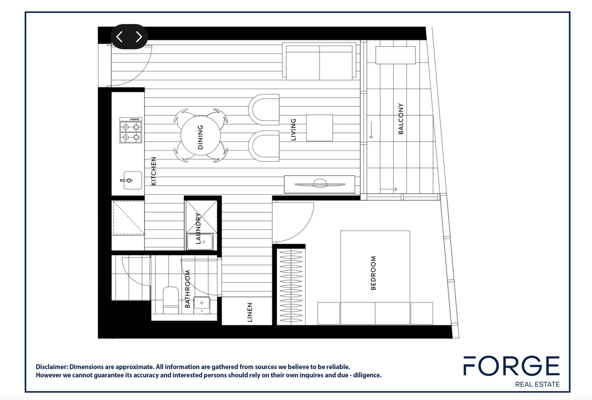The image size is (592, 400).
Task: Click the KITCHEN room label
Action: tap(154, 171)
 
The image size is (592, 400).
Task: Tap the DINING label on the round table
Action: tap(200, 137)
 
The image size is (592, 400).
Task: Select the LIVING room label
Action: tap(293, 130)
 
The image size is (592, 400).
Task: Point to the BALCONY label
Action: tap(401, 119)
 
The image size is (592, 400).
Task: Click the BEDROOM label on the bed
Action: tap(373, 273)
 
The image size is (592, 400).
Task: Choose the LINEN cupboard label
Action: tap(250, 312)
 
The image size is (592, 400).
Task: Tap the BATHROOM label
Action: tap(187, 289)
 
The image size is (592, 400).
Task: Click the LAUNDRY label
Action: tap(198, 229)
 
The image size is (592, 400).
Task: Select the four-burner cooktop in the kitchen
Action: tap(131, 130)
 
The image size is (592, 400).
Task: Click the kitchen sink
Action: tap(132, 180)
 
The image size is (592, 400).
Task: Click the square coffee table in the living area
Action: tap(320, 128)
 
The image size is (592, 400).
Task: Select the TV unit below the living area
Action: tap(319, 184)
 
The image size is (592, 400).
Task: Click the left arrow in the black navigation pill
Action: tap(120, 37)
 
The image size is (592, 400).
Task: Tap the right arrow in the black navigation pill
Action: tap(139, 37)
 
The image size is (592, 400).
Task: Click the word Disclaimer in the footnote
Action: tap(51, 367)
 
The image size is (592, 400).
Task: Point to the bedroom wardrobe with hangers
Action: tap(291, 286)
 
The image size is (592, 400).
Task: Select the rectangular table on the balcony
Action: tap(395, 55)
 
